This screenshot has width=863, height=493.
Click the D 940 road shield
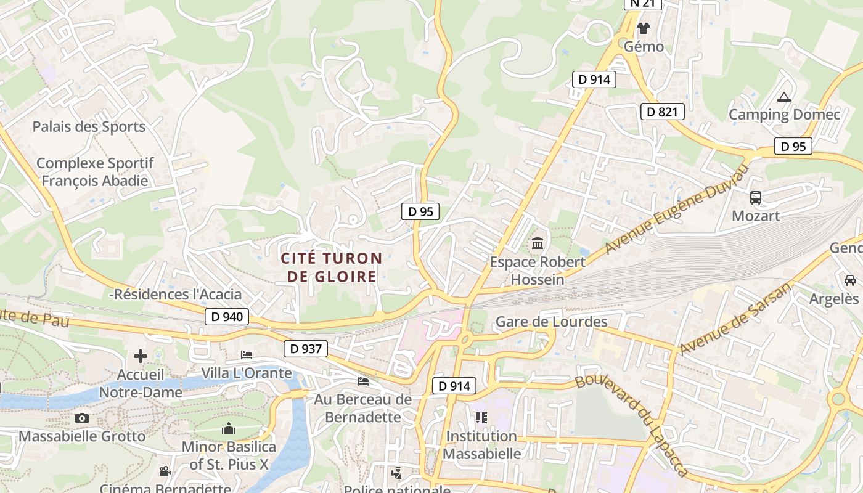(x=227, y=317)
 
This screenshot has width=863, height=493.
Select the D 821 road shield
(x=663, y=112)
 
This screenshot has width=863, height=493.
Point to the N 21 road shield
(x=642, y=4)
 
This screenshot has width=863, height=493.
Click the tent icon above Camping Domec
(x=783, y=97)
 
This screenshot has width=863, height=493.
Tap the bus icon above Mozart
(x=755, y=198)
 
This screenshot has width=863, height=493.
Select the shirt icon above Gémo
(x=644, y=28)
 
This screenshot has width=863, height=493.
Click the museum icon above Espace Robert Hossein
(x=538, y=243)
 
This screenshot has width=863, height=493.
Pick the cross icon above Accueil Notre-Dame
(x=141, y=356)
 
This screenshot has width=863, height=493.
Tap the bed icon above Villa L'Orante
(x=247, y=355)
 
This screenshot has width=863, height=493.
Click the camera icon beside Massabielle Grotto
(x=81, y=418)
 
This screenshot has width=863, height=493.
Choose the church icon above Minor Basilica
(x=229, y=428)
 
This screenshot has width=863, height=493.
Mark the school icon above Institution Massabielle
(x=481, y=418)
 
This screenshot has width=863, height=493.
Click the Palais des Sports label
(x=89, y=127)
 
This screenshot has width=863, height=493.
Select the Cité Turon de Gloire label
(x=332, y=267)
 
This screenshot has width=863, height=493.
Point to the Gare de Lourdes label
(x=551, y=322)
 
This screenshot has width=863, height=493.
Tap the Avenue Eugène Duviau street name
(x=676, y=209)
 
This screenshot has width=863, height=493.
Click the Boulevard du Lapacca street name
(x=632, y=425)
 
